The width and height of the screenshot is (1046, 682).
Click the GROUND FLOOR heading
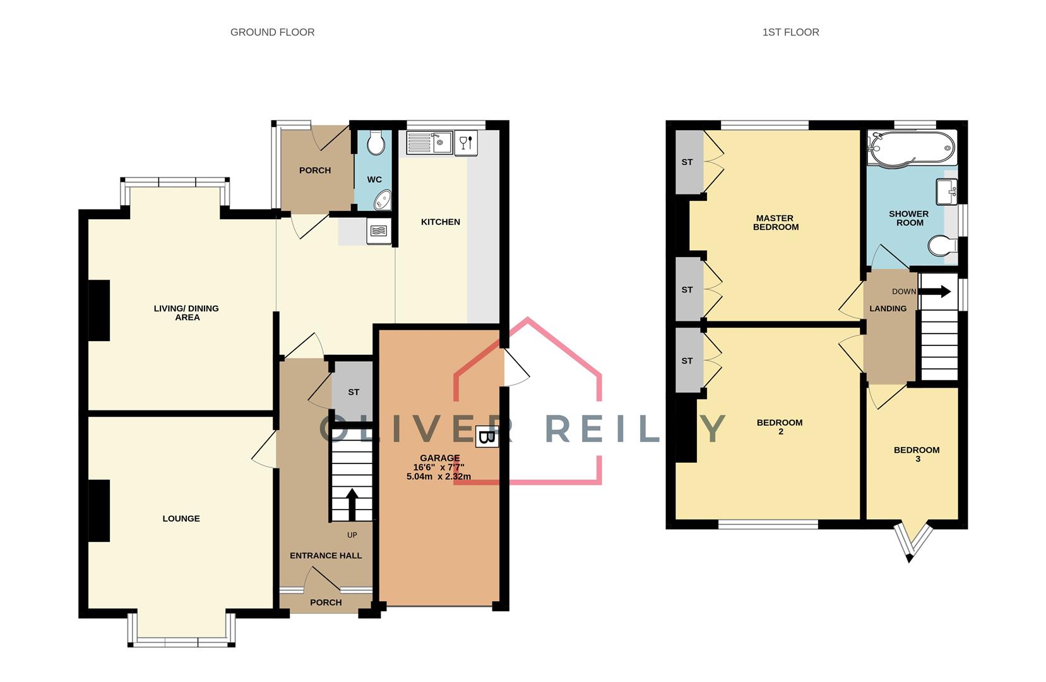point(272,32)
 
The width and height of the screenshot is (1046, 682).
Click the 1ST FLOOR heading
point(790,32)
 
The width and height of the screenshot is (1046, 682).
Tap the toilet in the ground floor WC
point(376,144)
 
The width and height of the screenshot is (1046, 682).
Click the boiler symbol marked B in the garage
point(486,437)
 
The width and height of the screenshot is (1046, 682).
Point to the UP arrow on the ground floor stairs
point(352,503)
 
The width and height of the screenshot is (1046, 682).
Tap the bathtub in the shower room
point(910,147)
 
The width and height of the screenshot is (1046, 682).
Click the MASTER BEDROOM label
point(775,223)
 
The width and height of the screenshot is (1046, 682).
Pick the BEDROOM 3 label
point(917,454)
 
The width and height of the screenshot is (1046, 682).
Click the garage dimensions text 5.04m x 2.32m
point(439,477)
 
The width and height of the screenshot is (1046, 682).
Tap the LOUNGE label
point(181,518)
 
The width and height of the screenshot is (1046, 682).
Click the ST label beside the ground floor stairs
point(354,392)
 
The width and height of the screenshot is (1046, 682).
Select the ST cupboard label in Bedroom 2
point(687,361)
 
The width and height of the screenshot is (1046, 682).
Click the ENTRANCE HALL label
point(326,556)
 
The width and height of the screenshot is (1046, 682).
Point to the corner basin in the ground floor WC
point(382,201)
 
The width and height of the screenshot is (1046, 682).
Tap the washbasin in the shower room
point(947,192)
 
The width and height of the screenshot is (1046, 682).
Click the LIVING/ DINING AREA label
point(186,313)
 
